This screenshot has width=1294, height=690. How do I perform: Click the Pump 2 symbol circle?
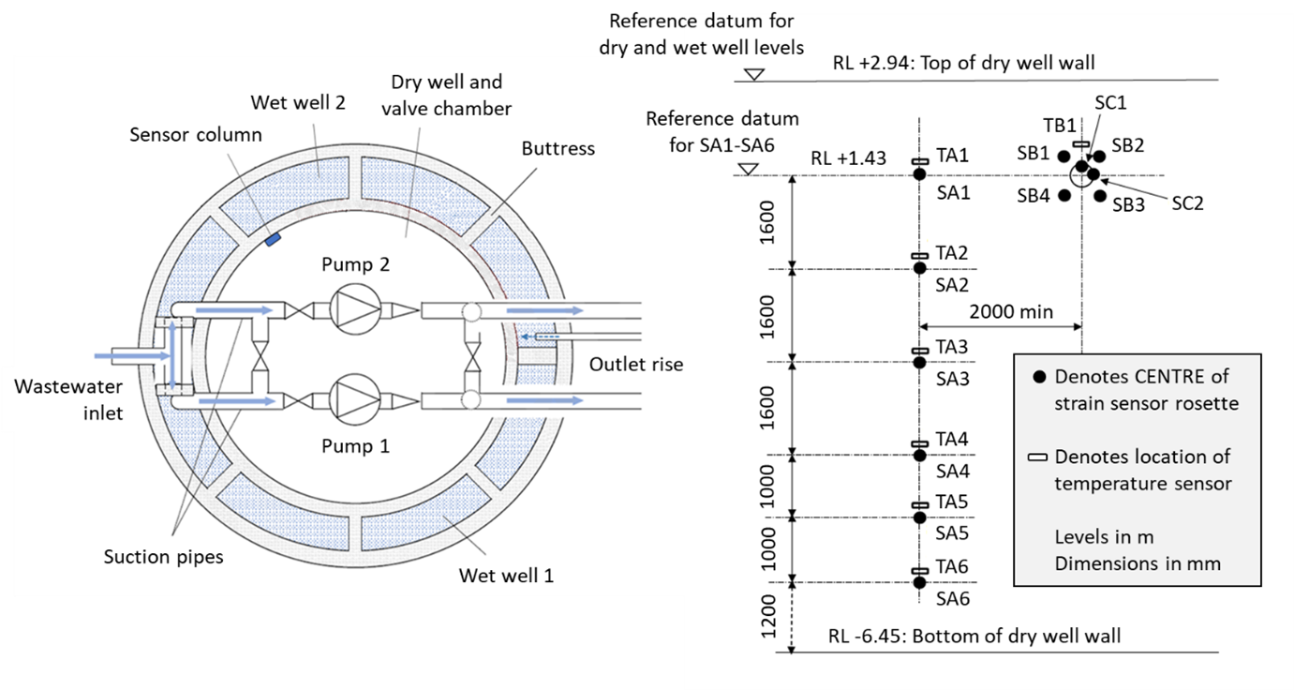tap(355, 309)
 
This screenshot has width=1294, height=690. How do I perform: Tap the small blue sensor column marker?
tap(273, 240)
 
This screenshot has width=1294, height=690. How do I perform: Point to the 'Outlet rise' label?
tap(635, 364)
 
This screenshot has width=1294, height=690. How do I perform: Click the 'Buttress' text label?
tap(559, 148)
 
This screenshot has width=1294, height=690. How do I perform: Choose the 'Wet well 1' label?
tap(506, 575)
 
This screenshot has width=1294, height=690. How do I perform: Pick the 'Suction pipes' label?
tap(163, 557)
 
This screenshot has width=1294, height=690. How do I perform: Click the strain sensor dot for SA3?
tap(919, 362)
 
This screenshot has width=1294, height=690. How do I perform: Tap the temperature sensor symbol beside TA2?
tap(919, 256)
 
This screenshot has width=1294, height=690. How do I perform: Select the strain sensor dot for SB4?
tap(1064, 195)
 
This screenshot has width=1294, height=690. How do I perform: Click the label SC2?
tap(1186, 203)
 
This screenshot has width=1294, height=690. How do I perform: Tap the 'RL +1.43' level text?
tap(849, 160)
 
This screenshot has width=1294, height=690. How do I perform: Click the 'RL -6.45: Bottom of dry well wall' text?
tap(974, 637)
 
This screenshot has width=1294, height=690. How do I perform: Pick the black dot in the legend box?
tap(1038, 378)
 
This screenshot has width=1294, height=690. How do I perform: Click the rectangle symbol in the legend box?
tap(1038, 457)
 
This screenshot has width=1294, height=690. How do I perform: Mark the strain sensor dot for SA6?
tap(919, 582)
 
